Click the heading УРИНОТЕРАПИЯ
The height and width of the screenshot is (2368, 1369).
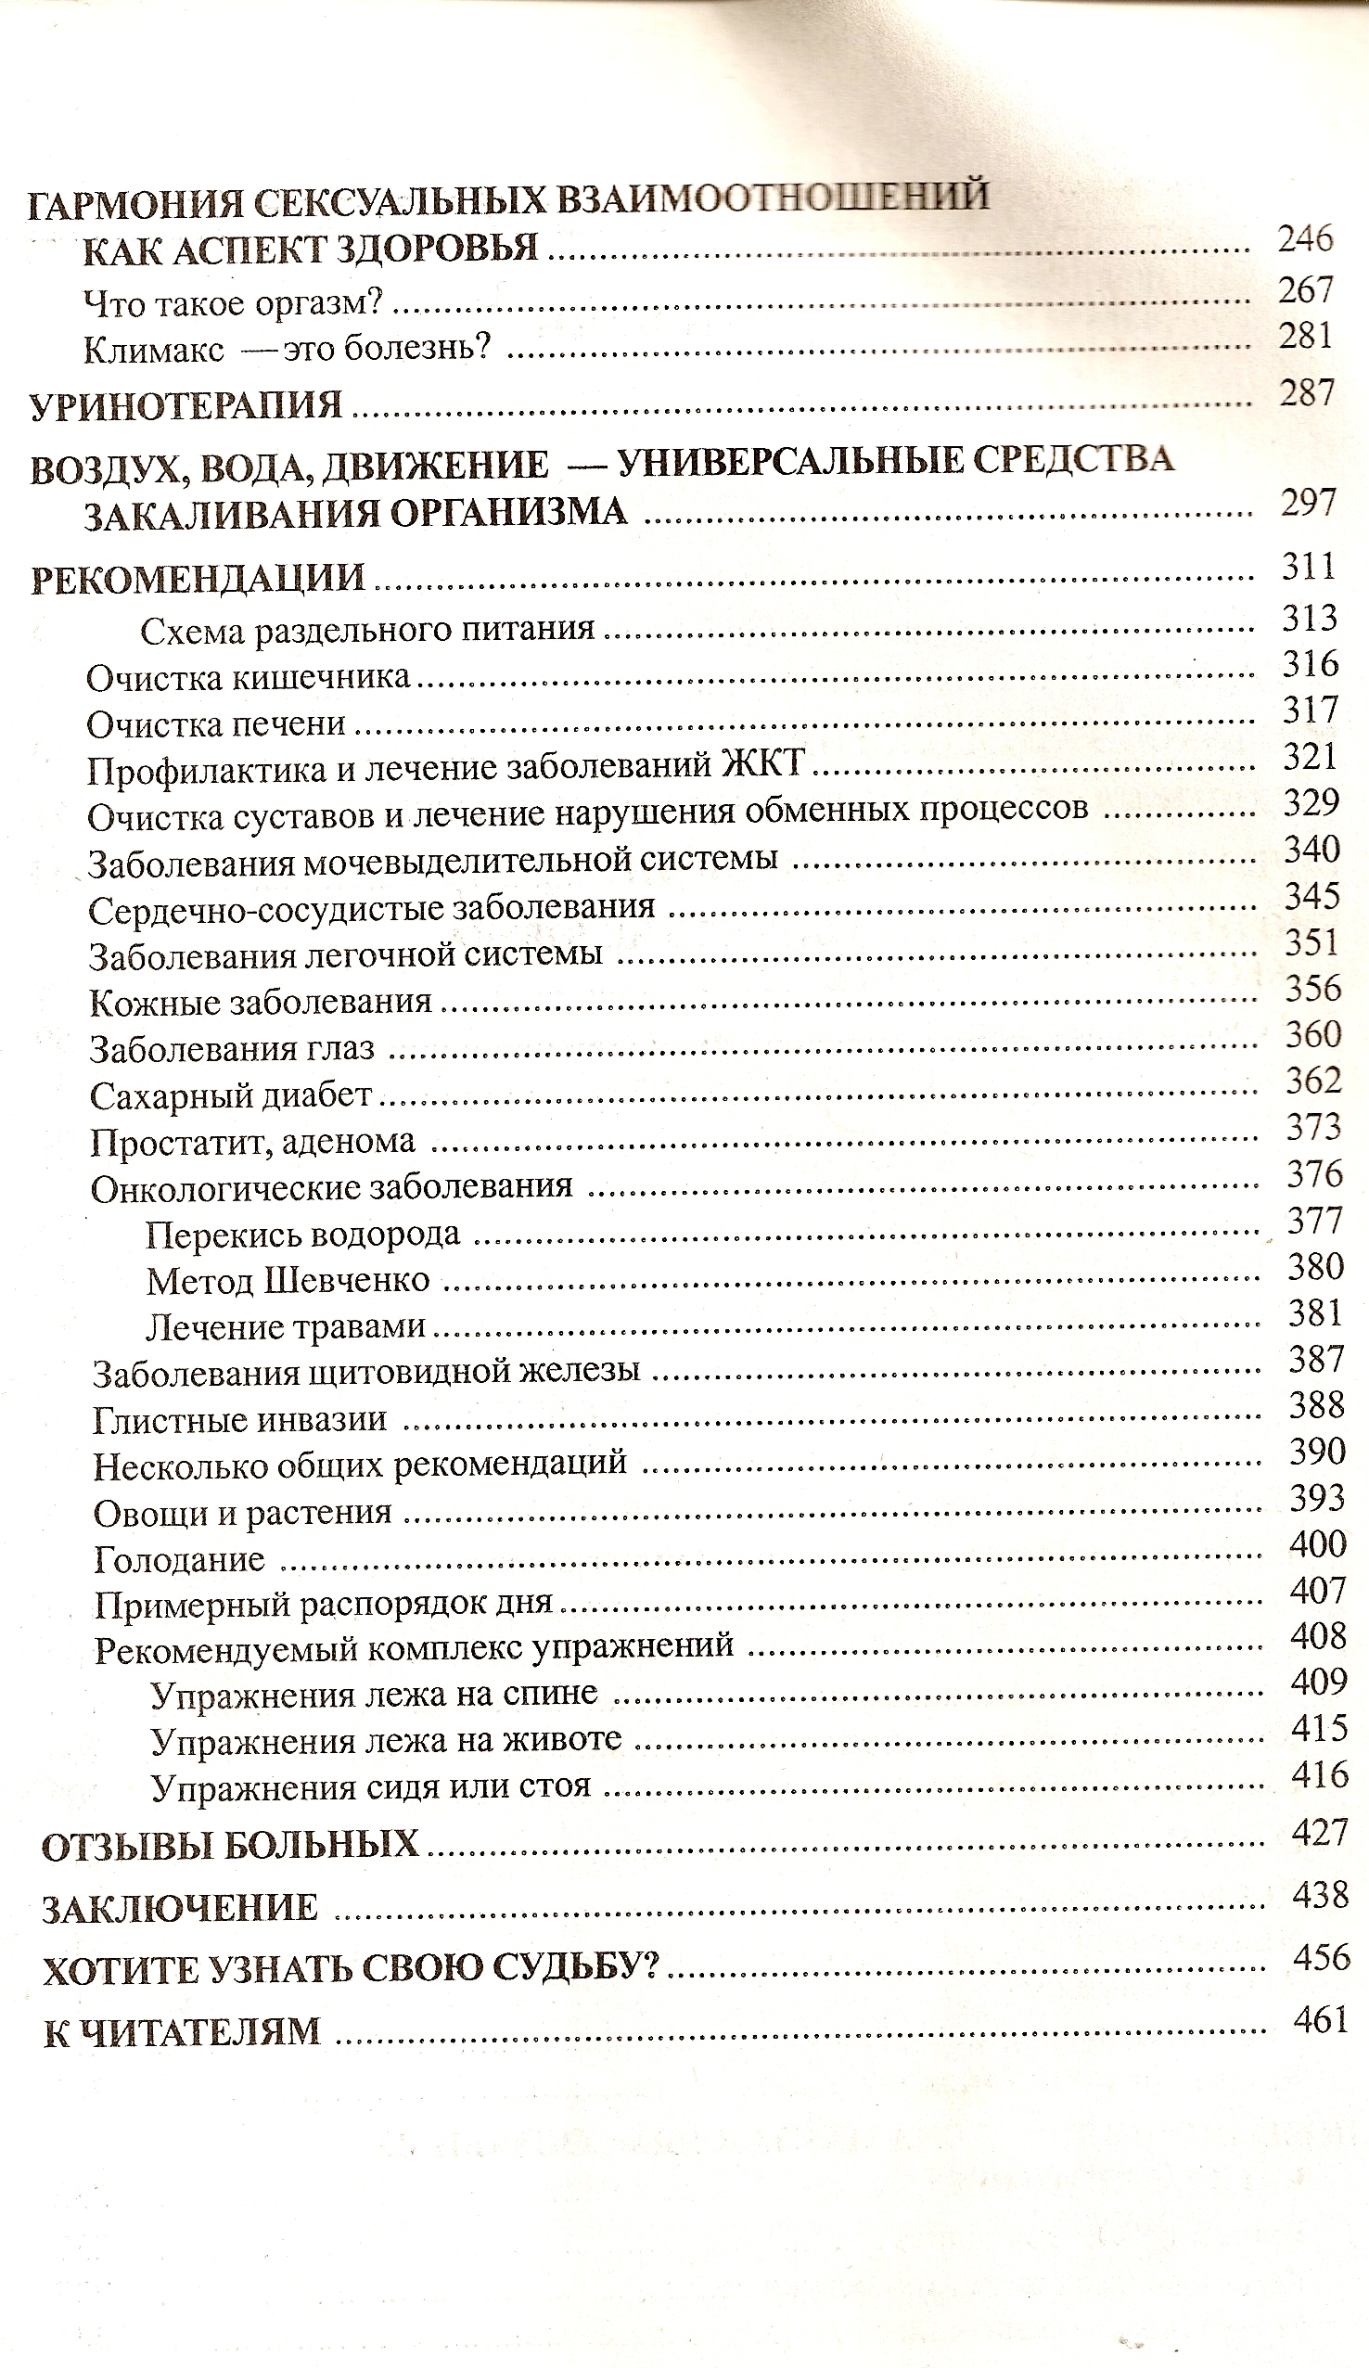pos(186,405)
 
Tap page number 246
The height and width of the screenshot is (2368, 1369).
pos(1305,239)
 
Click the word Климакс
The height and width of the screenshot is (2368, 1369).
pos(153,350)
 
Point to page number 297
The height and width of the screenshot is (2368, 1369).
pos(1308,503)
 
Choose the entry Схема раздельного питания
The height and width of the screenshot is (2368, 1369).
pos(367,629)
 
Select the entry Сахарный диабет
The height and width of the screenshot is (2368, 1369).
pos(231,1094)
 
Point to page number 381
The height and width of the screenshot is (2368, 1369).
pos(1314,1312)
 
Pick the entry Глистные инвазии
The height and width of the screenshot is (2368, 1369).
pos(239,1418)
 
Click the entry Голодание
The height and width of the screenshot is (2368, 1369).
pos(179,1560)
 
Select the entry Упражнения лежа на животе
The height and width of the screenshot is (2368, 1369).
pos(386,1739)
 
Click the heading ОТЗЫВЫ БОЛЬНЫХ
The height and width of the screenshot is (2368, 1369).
pos(230,1845)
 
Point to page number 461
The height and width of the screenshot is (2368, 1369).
pos(1320,2019)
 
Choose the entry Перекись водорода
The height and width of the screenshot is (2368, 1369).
pos(303,1234)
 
